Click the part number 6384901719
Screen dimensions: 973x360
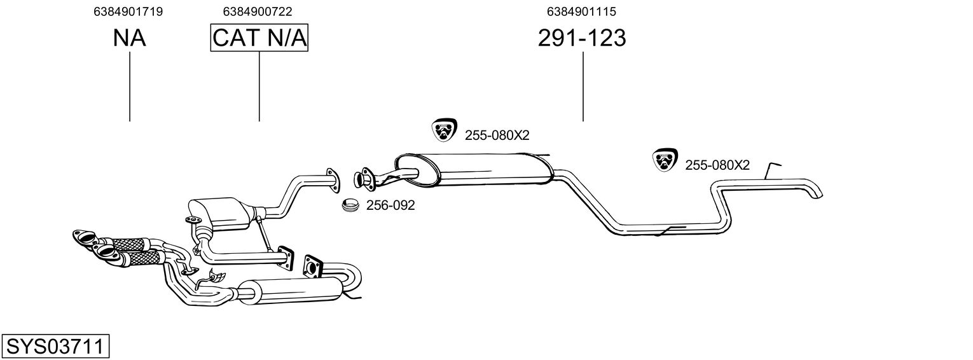(x=128, y=11)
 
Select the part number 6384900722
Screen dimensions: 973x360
(x=258, y=11)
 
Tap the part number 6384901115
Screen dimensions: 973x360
(x=581, y=11)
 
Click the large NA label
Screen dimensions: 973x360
(x=130, y=38)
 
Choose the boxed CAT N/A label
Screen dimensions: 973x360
(x=259, y=38)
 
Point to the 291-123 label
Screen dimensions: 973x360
(x=582, y=38)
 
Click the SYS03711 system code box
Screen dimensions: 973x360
(x=55, y=347)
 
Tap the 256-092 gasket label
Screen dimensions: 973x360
(x=390, y=205)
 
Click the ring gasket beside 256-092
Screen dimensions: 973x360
(x=350, y=205)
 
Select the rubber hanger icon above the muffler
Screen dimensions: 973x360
(x=444, y=130)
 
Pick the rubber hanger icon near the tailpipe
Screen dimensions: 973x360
(x=665, y=160)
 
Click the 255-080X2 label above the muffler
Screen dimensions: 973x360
(x=497, y=135)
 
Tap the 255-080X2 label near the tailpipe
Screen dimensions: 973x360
(x=717, y=165)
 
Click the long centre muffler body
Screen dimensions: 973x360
(x=474, y=169)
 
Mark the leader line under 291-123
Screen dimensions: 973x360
(x=583, y=87)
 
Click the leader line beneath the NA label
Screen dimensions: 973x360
(x=130, y=87)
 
